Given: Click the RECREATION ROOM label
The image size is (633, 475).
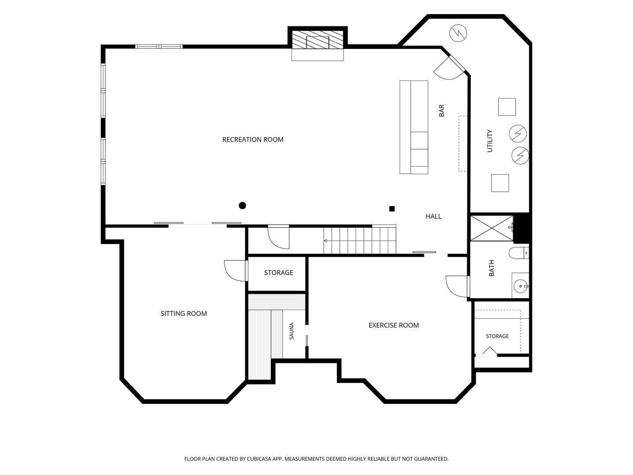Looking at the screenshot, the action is click(x=253, y=139).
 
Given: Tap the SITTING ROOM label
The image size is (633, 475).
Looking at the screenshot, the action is click(x=184, y=314).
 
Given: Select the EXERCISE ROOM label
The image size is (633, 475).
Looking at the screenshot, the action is click(x=393, y=325).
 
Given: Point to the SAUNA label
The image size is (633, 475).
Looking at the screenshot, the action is click(x=291, y=331).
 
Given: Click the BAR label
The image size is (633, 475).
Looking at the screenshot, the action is click(x=441, y=111).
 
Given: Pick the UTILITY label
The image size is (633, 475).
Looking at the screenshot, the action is click(x=490, y=141).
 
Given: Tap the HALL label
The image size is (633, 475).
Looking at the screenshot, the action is click(x=433, y=216).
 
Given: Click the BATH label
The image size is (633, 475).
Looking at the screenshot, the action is click(x=492, y=268).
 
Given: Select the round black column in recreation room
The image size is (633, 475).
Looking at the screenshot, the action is click(x=242, y=206).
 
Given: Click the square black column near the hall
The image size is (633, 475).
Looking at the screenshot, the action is click(x=392, y=209).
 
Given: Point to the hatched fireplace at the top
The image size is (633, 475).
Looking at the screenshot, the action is click(x=317, y=40).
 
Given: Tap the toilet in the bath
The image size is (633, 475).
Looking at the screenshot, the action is click(x=519, y=253).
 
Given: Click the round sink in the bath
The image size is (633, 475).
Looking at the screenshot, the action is click(x=520, y=286).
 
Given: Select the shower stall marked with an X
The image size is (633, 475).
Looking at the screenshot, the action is click(x=492, y=228).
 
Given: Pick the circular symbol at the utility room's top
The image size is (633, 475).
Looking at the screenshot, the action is click(x=458, y=33).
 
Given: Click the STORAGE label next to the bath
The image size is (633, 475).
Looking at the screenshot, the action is click(x=497, y=336).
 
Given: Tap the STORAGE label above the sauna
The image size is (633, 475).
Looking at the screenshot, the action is click(x=279, y=273).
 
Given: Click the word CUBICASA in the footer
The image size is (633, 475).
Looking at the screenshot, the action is click(x=259, y=459).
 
